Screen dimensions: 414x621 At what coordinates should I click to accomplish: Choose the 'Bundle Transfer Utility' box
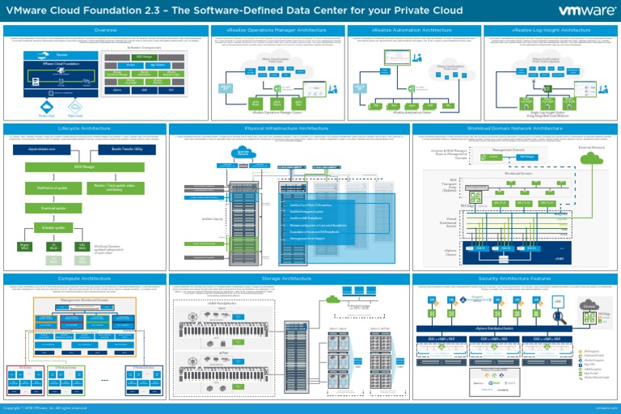tap(127, 150)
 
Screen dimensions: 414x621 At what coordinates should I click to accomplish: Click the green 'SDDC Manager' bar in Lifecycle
tap(84, 167)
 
